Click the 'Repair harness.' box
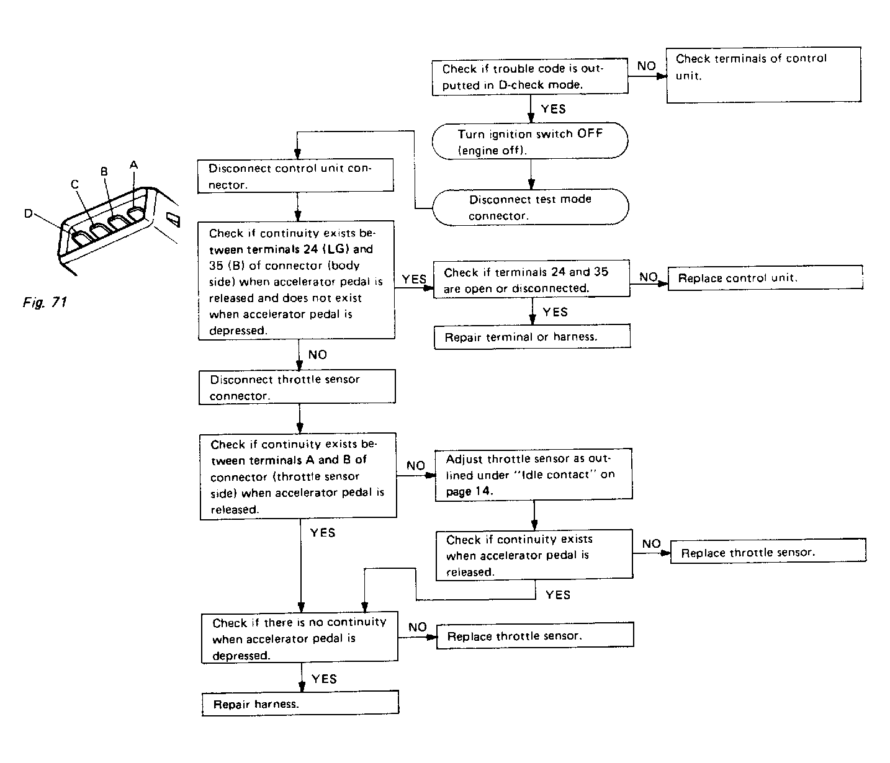point(300,703)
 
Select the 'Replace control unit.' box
point(765,278)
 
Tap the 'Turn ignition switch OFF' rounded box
point(529,142)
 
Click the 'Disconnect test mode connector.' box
point(529,207)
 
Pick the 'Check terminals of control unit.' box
point(763,74)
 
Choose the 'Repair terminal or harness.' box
point(532,337)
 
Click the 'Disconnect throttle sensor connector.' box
point(297,387)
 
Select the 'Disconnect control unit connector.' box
point(295,176)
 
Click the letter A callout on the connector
point(133,165)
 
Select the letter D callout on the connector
point(29,213)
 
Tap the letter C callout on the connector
point(74,184)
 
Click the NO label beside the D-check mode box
point(646,66)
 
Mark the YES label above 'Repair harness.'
point(324,679)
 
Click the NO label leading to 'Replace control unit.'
point(648,277)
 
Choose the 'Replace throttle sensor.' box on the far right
point(767,551)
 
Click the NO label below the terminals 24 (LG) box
point(317,355)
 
